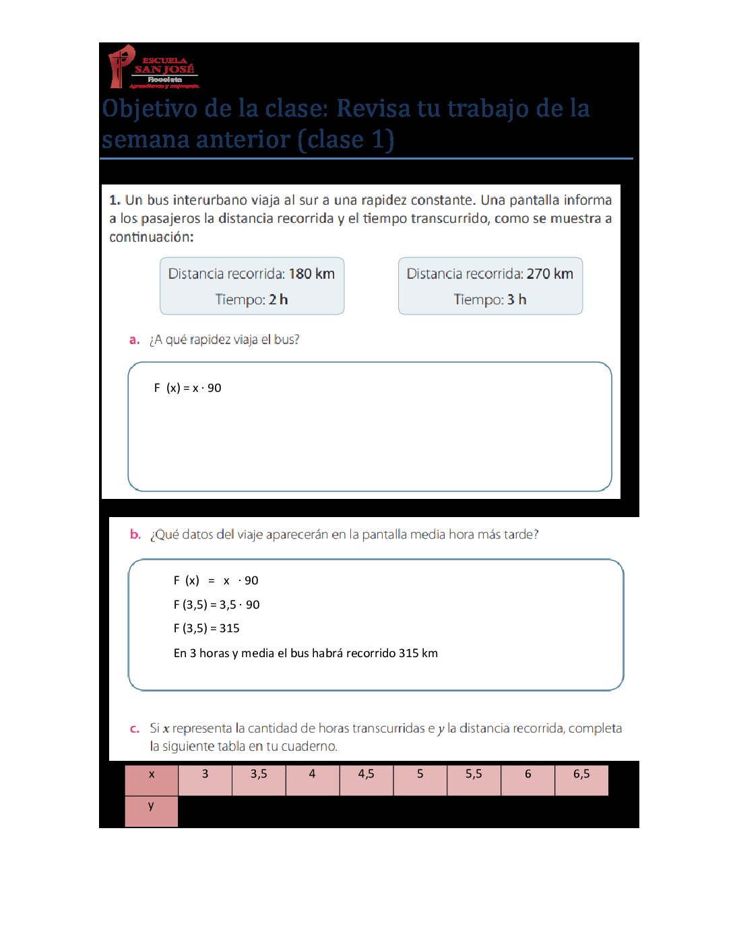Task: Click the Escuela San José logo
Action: (154, 67)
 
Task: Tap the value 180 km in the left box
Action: (311, 274)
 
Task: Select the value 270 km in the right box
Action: (550, 274)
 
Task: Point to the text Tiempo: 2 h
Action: (251, 300)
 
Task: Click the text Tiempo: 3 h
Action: (490, 300)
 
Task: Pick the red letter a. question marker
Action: (134, 340)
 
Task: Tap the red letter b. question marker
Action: (135, 535)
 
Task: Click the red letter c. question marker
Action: (135, 729)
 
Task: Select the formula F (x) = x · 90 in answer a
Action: (187, 388)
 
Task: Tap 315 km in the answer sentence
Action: (418, 653)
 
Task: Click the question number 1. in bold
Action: (115, 200)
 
